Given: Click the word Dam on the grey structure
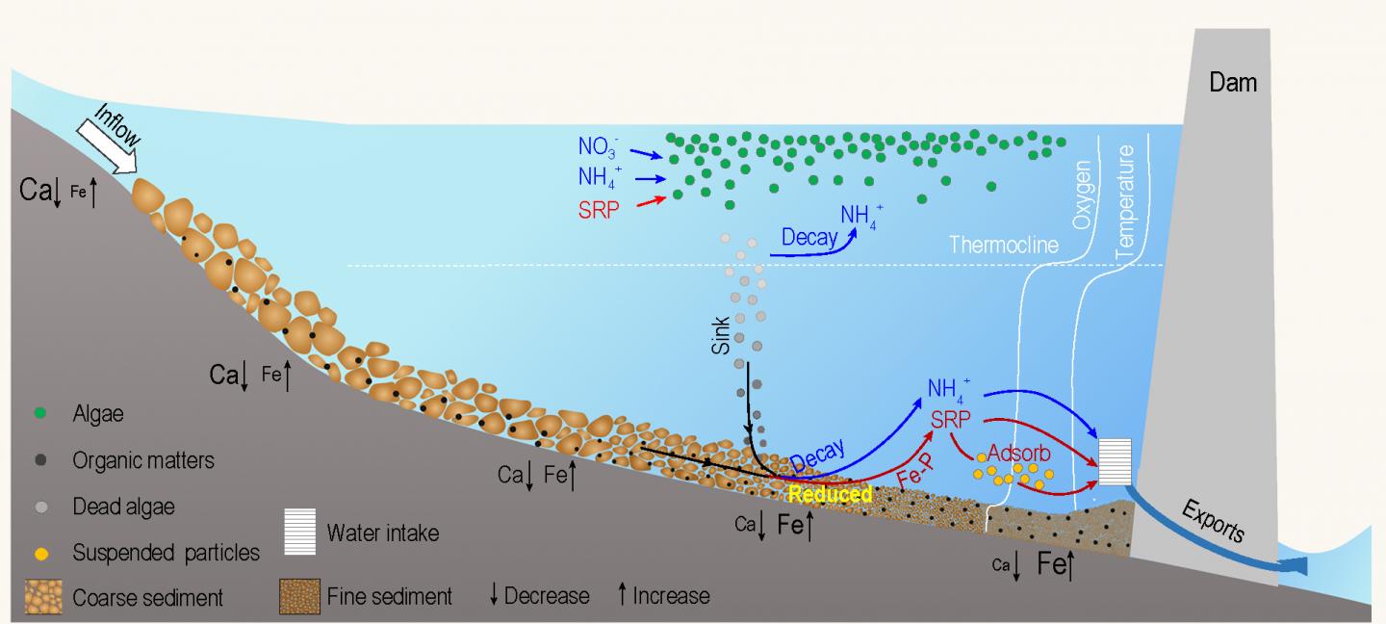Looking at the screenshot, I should click(x=1233, y=83).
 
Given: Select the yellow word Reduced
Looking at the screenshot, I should click(x=830, y=495).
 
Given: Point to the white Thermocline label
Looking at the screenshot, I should click(x=1004, y=245).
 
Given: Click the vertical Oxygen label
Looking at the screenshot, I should click(x=1083, y=194).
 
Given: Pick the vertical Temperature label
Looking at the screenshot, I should click(x=1126, y=199).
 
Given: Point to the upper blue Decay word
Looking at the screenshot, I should click(x=808, y=237).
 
